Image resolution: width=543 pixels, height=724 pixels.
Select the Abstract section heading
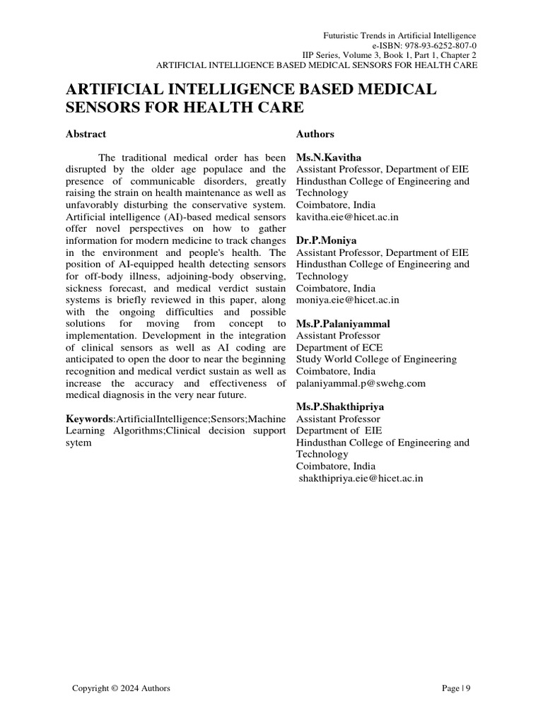coord(86,134)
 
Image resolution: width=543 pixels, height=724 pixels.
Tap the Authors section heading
coord(315,134)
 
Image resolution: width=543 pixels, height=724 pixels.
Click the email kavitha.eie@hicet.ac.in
coord(347,217)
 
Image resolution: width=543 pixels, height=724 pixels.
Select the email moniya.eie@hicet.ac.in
coord(347,300)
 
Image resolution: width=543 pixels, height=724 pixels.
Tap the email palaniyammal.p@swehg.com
coord(361,383)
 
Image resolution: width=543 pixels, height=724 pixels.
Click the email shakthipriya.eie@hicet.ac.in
coord(361,479)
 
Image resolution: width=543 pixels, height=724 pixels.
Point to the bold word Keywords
coord(89,419)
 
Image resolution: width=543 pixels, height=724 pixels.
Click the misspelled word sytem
coord(78,443)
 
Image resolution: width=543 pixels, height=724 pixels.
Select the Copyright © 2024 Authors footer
coord(121,688)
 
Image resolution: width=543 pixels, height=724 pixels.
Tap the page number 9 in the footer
coord(467,688)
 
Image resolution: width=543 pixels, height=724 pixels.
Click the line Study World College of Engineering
coord(376,359)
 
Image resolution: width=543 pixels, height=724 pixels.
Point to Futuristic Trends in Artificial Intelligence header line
coord(399,35)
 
